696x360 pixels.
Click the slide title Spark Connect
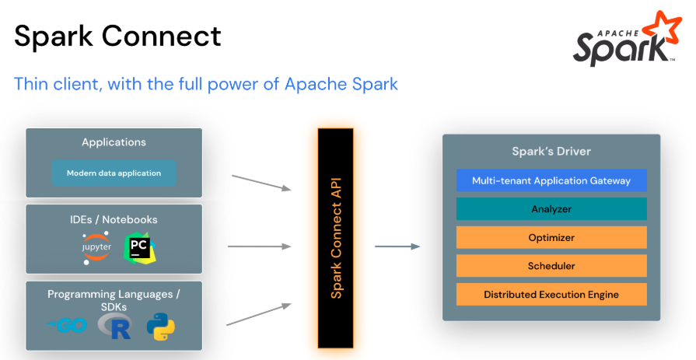117,37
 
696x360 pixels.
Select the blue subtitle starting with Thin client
206,84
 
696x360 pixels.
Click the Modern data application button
114,173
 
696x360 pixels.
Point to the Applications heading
114,142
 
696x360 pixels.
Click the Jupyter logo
96,247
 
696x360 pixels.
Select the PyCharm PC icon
140,248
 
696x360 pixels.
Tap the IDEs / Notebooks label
114,219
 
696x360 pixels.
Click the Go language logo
67,327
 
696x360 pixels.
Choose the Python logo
161,327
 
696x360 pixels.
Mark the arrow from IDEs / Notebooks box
259,247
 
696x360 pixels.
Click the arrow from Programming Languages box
259,313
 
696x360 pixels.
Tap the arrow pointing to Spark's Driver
397,247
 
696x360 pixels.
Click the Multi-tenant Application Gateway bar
551,180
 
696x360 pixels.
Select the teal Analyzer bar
551,208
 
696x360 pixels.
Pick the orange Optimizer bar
551,237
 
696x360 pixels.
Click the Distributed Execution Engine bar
551,294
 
